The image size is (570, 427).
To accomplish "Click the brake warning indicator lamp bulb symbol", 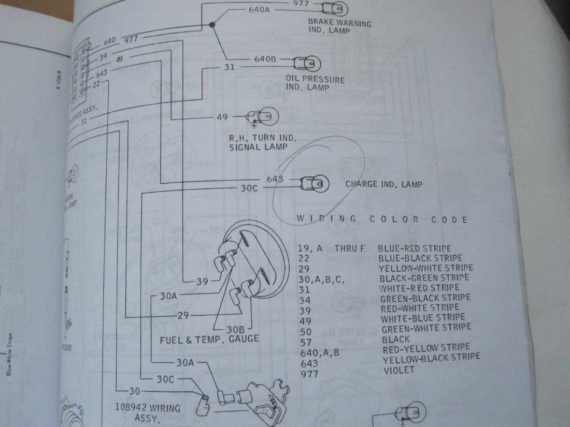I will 331,8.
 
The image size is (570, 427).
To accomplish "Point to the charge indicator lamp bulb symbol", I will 314,182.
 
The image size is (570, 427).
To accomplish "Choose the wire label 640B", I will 265,59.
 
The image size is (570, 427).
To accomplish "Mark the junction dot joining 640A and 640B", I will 211,24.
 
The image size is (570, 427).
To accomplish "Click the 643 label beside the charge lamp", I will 275,180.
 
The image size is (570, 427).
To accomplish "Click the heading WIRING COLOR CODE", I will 382,219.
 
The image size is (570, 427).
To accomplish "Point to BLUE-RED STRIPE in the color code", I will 415,248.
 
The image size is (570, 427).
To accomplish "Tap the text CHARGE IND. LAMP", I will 383,184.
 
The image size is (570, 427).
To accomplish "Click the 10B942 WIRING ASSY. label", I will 149,413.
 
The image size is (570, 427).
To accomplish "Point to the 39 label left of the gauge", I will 202,282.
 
